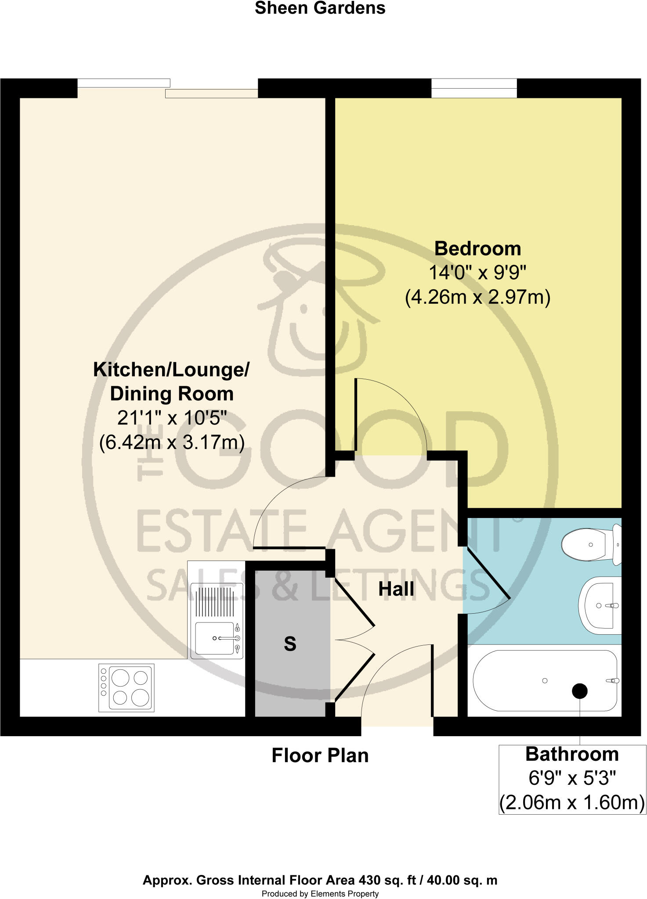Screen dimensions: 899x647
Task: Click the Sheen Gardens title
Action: [x=320, y=8]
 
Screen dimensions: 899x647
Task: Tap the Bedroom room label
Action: [x=477, y=248]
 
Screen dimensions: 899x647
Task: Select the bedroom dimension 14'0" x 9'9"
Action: [x=477, y=273]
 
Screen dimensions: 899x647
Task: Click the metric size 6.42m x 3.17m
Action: [x=172, y=442]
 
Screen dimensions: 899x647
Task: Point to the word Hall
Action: [x=396, y=589]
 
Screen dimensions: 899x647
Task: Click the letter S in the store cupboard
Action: [x=290, y=644]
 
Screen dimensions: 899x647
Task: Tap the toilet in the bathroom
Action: [x=589, y=545]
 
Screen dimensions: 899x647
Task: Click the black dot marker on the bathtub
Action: [x=580, y=691]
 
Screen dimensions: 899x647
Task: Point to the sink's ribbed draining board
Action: [x=214, y=602]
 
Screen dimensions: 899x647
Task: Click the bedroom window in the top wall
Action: [x=474, y=88]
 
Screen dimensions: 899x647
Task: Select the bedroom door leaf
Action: [x=355, y=415]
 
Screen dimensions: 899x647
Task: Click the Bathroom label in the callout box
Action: [x=572, y=754]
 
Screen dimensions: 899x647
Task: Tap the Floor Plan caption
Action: [x=320, y=755]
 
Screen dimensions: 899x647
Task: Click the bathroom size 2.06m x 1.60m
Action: [x=572, y=803]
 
